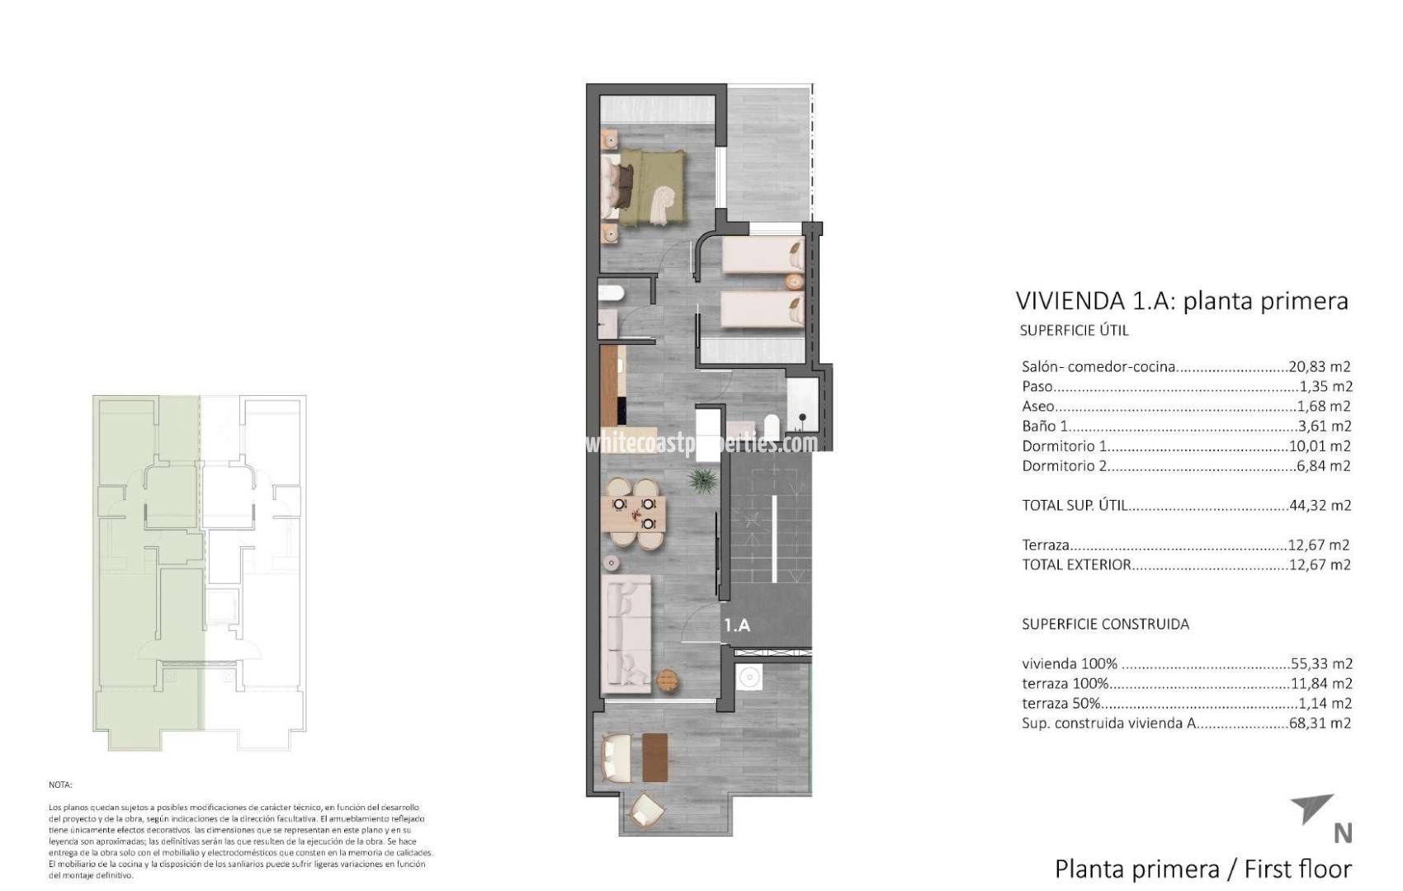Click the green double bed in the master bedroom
648,187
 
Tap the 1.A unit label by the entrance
737,625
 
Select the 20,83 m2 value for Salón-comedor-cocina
1320,367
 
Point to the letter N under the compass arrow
1343,834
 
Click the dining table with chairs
633,514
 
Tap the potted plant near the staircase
702,480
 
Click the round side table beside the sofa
667,680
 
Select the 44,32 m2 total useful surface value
1320,506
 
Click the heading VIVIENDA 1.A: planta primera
1181,301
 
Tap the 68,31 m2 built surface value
1320,724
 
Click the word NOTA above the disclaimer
60,785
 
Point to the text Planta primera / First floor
1202,869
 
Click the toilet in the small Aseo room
612,294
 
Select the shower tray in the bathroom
801,404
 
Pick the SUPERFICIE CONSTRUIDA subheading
1105,625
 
